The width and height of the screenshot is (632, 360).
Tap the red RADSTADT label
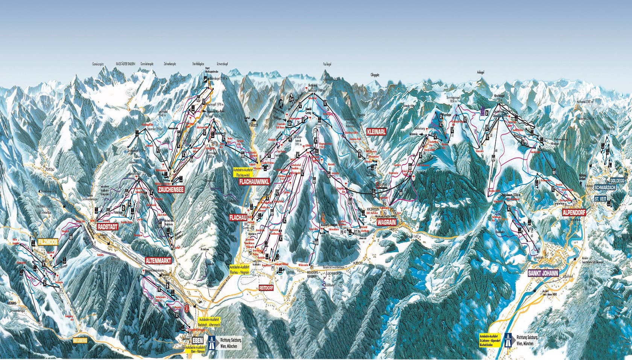(108, 227)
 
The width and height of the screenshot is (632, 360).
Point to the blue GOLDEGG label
(618, 180)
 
